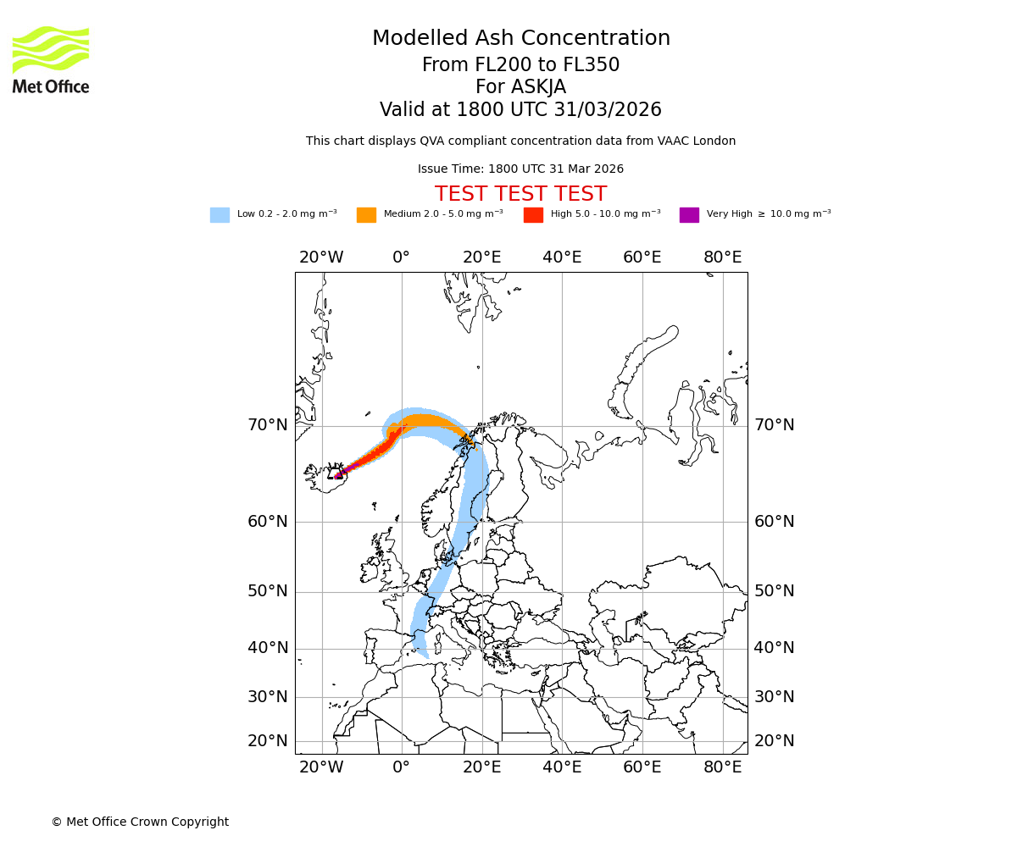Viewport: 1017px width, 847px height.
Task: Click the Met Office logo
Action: [x=51, y=59]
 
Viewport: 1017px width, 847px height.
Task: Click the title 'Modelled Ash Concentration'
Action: [x=520, y=38]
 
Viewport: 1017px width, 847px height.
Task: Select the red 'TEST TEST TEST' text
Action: [x=520, y=194]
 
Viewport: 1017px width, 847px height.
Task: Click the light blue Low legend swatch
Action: [x=220, y=215]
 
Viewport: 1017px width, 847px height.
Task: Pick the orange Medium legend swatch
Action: [x=366, y=215]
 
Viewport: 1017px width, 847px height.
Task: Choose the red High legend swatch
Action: [x=533, y=215]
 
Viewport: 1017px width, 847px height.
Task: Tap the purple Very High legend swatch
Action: [x=689, y=215]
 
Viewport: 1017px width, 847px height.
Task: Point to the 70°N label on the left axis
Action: [x=268, y=425]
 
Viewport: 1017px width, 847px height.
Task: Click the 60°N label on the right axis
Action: [x=775, y=522]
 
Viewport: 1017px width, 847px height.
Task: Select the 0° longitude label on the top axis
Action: [x=402, y=257]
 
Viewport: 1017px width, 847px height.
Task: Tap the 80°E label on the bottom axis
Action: [x=722, y=767]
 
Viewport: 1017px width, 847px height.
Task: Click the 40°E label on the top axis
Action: [x=562, y=257]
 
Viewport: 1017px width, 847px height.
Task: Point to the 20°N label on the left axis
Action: [x=268, y=741]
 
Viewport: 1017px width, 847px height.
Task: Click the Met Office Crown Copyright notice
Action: [x=140, y=822]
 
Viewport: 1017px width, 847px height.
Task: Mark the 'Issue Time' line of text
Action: [x=520, y=169]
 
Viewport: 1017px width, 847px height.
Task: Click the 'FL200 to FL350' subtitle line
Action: [x=520, y=65]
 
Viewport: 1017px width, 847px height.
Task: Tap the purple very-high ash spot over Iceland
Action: [x=339, y=474]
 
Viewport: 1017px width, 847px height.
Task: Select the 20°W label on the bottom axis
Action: [x=321, y=767]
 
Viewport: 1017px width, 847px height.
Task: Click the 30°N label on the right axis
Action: [x=775, y=697]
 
